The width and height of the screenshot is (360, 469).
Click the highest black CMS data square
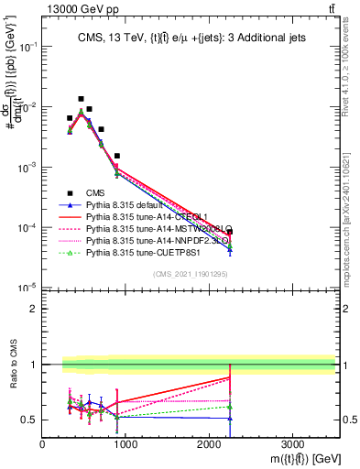click(x=81, y=99)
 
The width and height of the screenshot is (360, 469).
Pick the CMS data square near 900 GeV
click(x=117, y=156)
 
